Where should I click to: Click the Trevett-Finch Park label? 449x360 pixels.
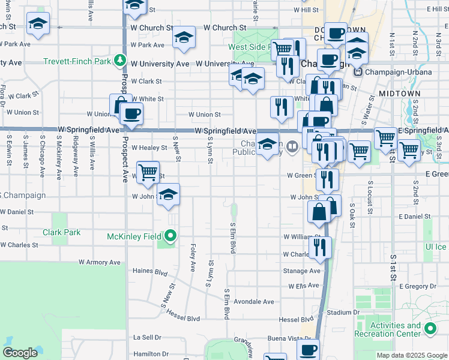(x=77, y=61)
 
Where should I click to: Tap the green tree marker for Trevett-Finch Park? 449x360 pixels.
(x=120, y=61)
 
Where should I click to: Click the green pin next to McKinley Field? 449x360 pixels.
(x=171, y=236)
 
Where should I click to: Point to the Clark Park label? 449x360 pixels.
(x=62, y=232)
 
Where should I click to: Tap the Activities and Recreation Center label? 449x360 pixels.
(x=396, y=329)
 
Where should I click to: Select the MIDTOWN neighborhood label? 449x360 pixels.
(x=397, y=94)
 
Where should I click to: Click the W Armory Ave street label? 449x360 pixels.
(x=100, y=262)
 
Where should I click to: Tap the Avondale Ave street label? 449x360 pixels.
(x=254, y=301)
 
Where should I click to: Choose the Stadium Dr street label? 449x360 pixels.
(x=343, y=312)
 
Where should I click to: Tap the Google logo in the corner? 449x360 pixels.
(x=20, y=353)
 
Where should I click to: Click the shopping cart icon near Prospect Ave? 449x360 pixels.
(x=148, y=171)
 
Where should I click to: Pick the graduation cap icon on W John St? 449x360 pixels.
(x=169, y=194)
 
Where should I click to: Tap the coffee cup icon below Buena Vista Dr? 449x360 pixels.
(x=309, y=349)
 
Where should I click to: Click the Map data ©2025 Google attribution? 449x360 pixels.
(x=411, y=355)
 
